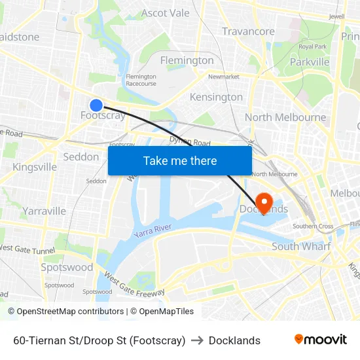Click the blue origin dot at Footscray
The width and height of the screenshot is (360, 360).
click(x=96, y=105)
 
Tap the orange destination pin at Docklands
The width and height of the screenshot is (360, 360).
click(x=265, y=202)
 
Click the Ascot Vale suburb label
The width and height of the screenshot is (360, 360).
click(x=165, y=13)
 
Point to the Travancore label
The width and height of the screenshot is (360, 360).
click(x=248, y=31)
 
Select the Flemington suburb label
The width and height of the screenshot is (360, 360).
click(x=187, y=60)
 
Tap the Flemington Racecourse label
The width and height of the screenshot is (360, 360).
click(x=141, y=80)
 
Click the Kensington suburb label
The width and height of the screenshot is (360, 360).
click(x=216, y=97)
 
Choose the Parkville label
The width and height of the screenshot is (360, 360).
click(x=310, y=62)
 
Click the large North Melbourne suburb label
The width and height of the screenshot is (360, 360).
click(x=285, y=117)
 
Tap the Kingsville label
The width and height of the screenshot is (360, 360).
click(x=35, y=167)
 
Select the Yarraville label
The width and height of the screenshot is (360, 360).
click(x=45, y=211)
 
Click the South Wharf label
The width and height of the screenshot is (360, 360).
click(x=301, y=246)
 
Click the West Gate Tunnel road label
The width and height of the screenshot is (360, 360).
click(x=27, y=249)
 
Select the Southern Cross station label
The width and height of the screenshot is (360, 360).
click(x=313, y=226)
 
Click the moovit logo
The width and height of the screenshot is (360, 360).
click(x=321, y=340)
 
